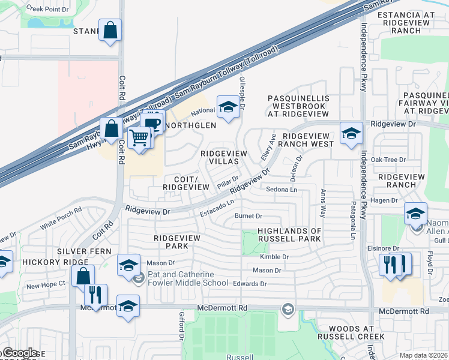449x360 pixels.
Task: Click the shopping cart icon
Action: [139, 137]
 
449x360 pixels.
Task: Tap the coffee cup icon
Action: [152, 122]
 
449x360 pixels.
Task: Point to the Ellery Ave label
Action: [265, 147]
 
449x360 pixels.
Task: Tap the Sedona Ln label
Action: [282, 190]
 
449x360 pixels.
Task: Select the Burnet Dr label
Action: [249, 216]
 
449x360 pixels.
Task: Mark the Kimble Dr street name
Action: [274, 257]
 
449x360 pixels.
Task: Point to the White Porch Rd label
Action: [61, 218]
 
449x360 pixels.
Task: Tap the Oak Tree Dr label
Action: [388, 160]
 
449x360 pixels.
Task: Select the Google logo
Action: [19, 353]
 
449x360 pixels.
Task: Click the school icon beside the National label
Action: [228, 107]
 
